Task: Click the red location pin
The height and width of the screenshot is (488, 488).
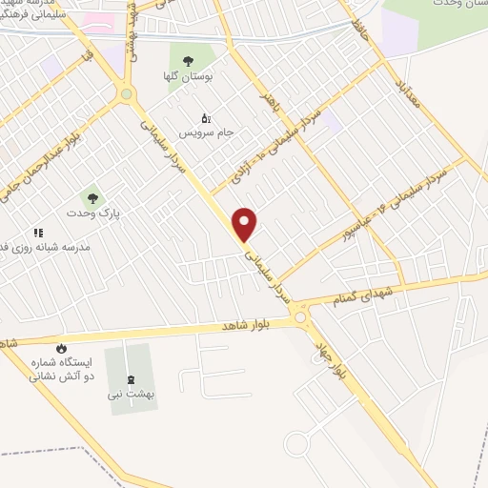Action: [246, 224]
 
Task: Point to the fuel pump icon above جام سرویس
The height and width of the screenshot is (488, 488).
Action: [204, 119]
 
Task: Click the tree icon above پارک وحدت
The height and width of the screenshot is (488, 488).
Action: [92, 197]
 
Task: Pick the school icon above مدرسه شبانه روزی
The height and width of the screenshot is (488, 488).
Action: [38, 233]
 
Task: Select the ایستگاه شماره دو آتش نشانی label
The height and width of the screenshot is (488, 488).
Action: [63, 369]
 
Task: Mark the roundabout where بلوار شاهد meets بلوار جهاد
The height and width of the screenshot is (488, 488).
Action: [301, 316]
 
